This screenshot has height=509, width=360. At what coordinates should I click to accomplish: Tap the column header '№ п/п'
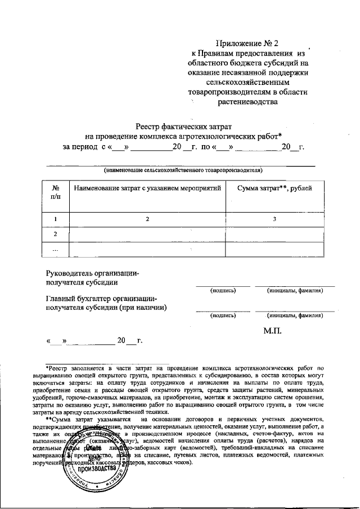click(55, 191)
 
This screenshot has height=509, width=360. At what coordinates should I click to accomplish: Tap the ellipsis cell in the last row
click(55, 249)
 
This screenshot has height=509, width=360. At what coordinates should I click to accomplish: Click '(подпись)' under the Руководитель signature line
click(223, 291)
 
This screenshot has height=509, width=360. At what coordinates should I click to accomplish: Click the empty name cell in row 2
click(147, 233)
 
